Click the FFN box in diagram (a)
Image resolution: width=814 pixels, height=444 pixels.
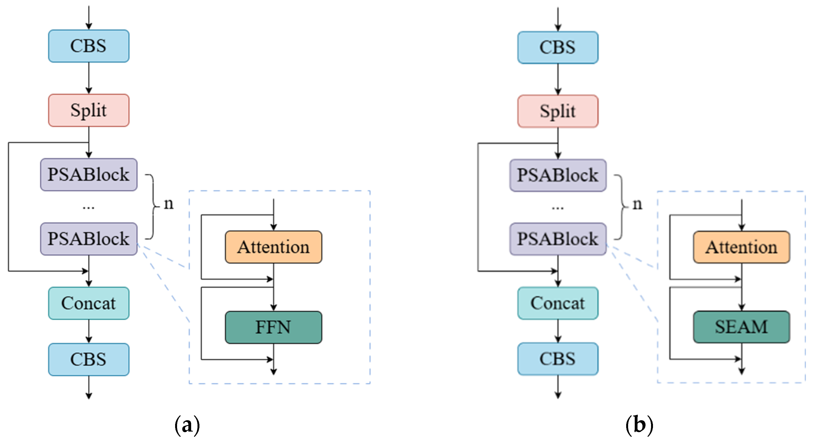click(273, 327)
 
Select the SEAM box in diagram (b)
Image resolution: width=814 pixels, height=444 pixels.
click(741, 327)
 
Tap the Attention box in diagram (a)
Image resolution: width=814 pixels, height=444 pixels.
click(273, 247)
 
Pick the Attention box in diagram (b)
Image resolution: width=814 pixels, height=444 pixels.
click(741, 247)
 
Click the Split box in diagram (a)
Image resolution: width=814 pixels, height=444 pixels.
click(89, 110)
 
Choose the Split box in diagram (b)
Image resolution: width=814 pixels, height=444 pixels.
click(558, 111)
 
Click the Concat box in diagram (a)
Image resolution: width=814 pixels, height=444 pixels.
click(89, 303)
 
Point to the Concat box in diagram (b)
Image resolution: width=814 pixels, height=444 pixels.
click(558, 303)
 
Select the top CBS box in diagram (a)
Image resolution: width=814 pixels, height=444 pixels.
click(89, 46)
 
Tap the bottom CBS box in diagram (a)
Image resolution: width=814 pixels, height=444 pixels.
click(89, 359)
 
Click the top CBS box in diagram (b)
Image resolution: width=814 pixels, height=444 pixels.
click(558, 47)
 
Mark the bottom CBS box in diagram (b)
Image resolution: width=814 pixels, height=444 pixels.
click(558, 359)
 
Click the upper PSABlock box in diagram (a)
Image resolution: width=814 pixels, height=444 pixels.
click(89, 175)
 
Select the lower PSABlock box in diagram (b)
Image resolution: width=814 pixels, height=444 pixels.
click(558, 239)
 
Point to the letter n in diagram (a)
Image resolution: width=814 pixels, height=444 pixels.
click(169, 204)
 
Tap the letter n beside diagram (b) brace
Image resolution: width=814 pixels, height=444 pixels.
click(637, 205)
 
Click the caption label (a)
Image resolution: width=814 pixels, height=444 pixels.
click(187, 425)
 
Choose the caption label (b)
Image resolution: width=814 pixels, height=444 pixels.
click(639, 425)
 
